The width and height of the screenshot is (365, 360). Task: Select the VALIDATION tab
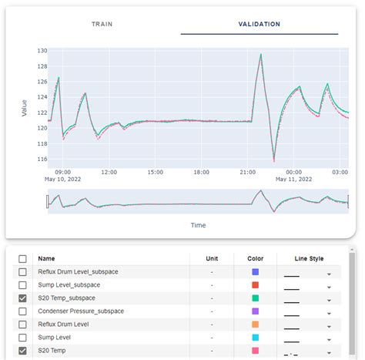(x=259, y=24)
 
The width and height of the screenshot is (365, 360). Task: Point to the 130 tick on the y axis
(x=42, y=50)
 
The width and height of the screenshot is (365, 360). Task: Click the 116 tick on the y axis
(x=42, y=159)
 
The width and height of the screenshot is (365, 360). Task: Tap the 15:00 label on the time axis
(x=156, y=172)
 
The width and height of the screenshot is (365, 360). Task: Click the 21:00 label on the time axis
(x=247, y=172)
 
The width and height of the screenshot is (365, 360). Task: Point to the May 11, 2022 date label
(x=293, y=179)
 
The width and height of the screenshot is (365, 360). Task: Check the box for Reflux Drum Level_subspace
(x=23, y=272)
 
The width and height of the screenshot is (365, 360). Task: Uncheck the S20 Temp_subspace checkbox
(x=23, y=298)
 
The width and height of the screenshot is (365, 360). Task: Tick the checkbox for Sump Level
(x=23, y=338)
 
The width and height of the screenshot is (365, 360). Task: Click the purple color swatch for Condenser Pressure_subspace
(x=256, y=311)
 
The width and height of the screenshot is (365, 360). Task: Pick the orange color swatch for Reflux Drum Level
(x=256, y=325)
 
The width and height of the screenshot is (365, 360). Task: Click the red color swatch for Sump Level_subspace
(x=256, y=285)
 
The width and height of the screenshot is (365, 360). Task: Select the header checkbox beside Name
(x=23, y=259)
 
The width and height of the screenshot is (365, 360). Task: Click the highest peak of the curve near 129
(x=261, y=55)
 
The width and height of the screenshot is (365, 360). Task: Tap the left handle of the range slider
(x=47, y=201)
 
